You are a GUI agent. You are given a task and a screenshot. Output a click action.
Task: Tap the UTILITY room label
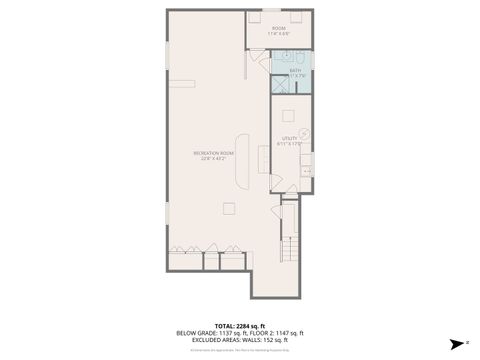pyautogui.click(x=290, y=138)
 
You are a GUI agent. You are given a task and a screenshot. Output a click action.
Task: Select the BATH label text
pyautogui.click(x=295, y=70)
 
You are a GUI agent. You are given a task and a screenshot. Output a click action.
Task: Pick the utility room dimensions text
pyautogui.click(x=290, y=144)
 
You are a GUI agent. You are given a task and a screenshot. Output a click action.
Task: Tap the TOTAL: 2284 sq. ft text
pyautogui.click(x=238, y=325)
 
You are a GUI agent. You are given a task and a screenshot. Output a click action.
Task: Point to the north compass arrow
pyautogui.click(x=453, y=341)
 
